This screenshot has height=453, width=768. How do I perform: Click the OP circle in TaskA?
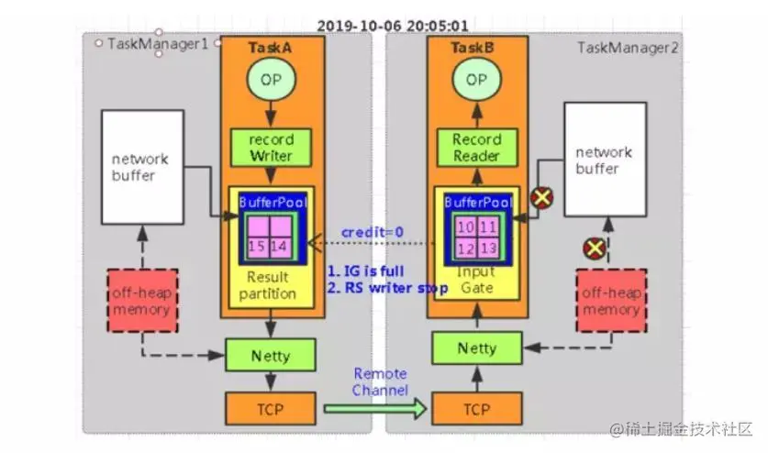(271, 79)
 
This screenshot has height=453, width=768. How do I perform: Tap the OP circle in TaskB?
(476, 80)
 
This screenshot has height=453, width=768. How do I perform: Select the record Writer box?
(272, 148)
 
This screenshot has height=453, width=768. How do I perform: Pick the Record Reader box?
(477, 148)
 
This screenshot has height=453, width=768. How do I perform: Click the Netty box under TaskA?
(271, 354)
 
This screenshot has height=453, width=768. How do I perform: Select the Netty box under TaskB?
(477, 348)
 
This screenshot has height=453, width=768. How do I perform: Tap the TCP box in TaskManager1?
(271, 408)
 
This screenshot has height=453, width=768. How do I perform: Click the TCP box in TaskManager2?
(477, 409)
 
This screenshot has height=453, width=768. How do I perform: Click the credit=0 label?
(371, 232)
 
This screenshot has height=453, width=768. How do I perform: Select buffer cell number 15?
(258, 245)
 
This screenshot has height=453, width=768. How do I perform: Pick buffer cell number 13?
(487, 248)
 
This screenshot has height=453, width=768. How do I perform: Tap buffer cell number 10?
(465, 226)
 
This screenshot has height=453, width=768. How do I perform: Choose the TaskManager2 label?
(628, 47)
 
